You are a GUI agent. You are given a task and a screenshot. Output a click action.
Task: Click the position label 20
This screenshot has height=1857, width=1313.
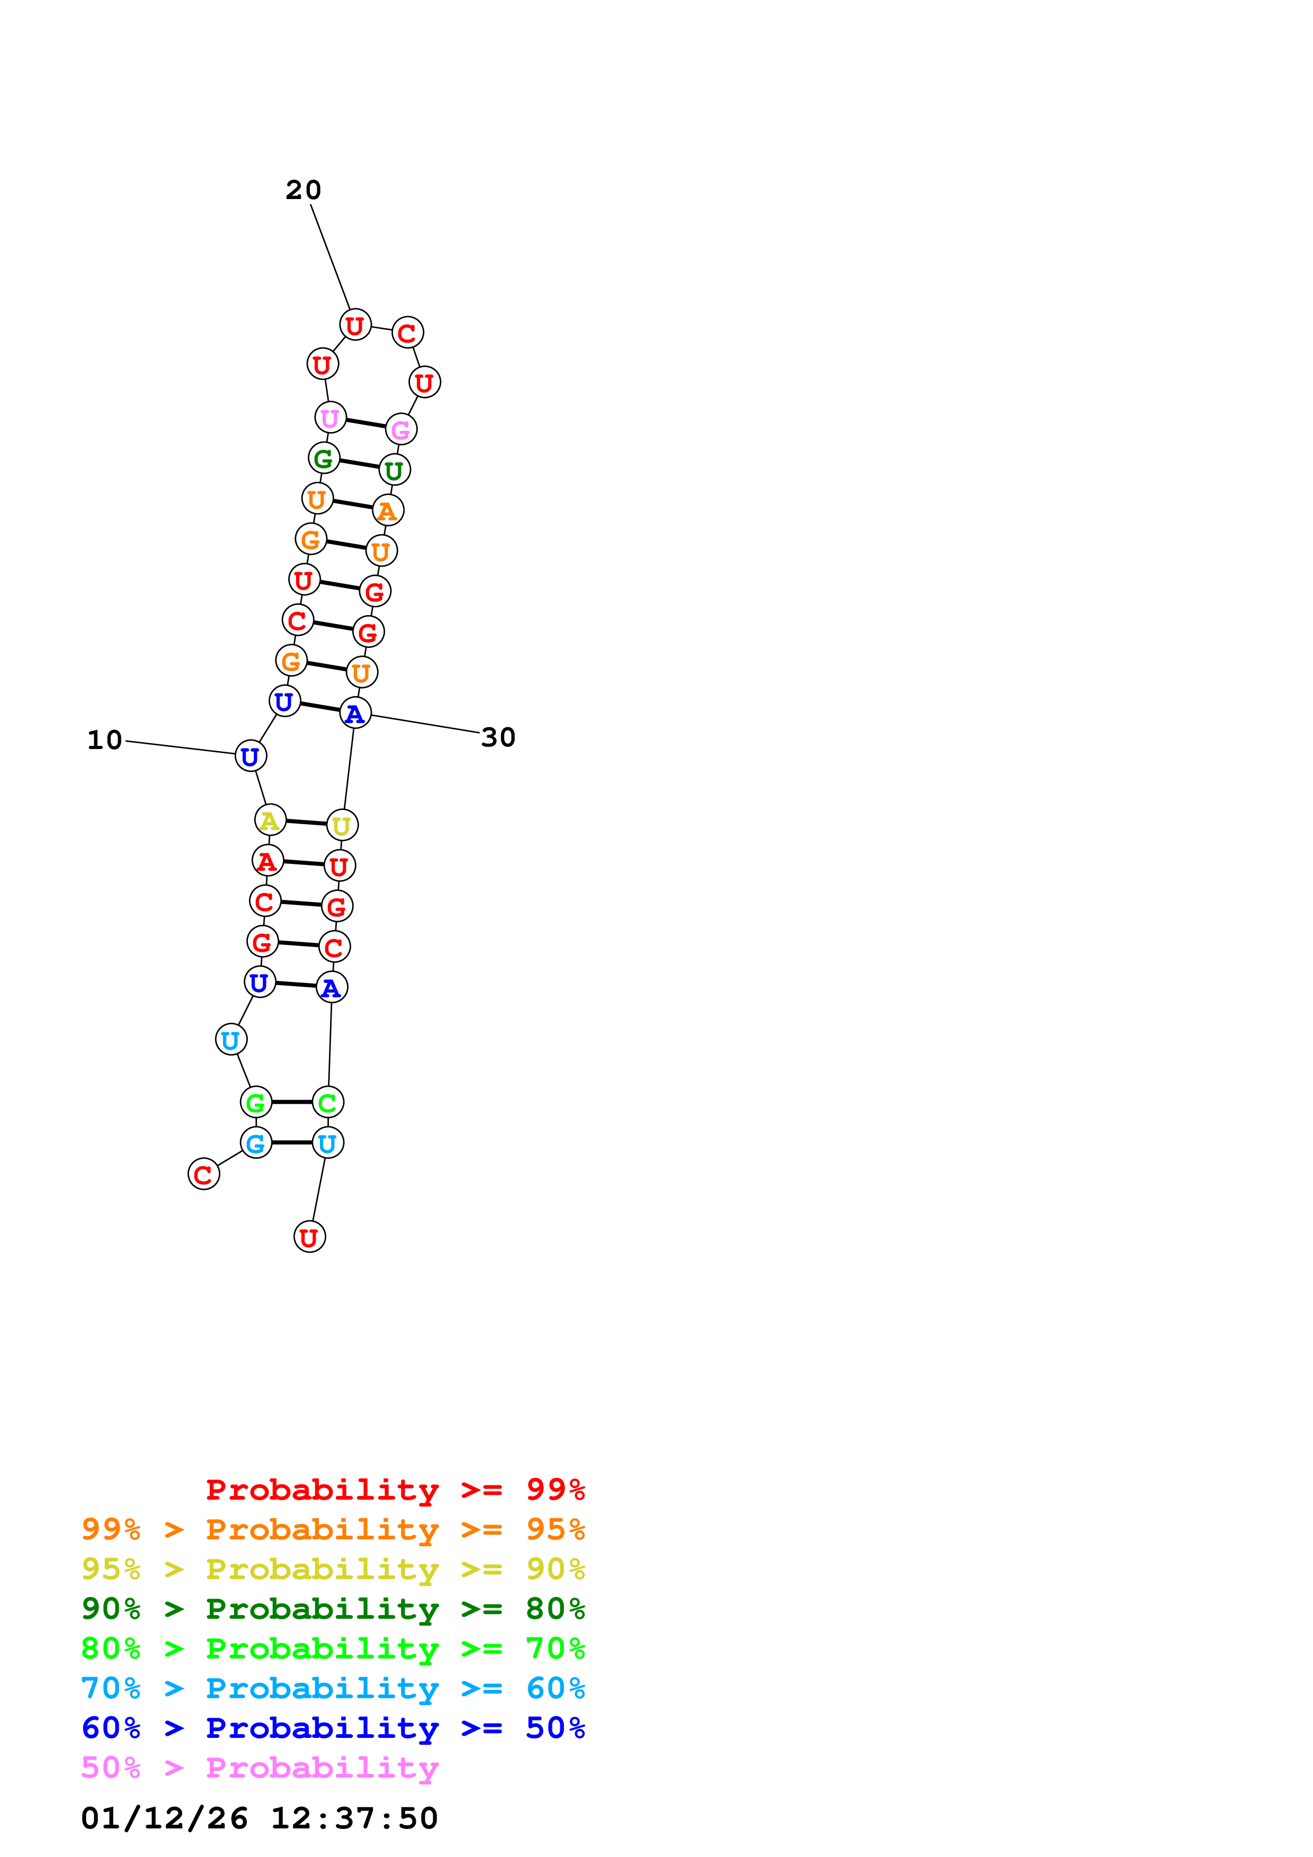303,190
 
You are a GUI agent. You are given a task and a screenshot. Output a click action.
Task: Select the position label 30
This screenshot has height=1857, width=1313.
498,737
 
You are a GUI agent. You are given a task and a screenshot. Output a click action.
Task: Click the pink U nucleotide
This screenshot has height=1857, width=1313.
330,418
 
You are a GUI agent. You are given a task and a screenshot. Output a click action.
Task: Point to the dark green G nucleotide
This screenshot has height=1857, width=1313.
324,458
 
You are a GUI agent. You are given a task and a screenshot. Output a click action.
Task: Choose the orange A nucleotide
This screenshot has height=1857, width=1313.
388,510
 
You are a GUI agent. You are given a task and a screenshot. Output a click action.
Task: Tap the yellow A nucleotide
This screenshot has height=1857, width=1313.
270,820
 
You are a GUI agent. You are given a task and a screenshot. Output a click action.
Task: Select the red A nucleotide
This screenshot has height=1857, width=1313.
267,861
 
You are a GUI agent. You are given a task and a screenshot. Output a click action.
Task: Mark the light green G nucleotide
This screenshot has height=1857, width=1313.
256,1102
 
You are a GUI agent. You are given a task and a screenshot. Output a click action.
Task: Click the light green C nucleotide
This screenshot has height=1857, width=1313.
328,1102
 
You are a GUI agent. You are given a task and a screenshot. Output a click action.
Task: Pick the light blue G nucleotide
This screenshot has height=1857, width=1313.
256,1143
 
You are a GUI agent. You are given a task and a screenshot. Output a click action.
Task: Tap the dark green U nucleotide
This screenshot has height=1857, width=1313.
395,470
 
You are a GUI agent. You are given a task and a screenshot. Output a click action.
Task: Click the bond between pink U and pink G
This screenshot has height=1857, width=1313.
365,424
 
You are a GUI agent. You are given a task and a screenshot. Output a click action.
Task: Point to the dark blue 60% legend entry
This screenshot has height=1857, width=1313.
333,1728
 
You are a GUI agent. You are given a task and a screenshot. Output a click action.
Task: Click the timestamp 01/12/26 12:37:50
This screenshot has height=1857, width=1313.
260,1818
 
